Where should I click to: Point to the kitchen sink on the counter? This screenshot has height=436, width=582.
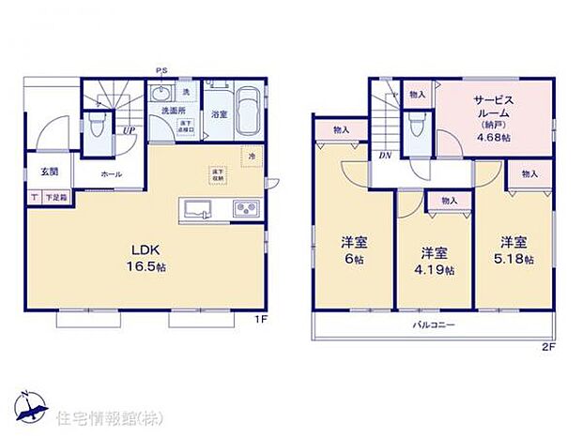coord(200,209)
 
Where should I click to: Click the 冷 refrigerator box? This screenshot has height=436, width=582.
coord(251,156)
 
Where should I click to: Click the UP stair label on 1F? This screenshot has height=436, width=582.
coord(127,130)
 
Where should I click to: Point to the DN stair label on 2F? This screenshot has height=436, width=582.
coord(385,156)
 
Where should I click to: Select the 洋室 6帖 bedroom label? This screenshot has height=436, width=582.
coord(354,248)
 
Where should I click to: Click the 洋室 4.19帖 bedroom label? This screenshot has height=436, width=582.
coord(433,260)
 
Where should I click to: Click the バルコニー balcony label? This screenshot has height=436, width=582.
coord(435,324)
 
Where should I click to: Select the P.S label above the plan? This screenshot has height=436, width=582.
coord(162,69)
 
